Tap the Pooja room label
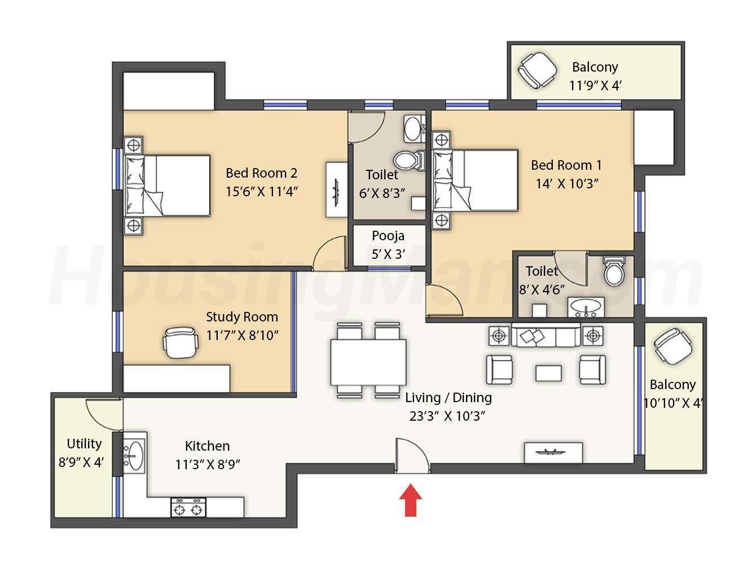click(388, 236)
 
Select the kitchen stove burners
click(188, 508)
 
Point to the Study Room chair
click(181, 342)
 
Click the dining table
click(368, 362)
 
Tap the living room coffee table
click(548, 373)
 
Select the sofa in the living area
click(546, 335)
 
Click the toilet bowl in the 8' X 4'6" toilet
click(614, 271)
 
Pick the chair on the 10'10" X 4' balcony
click(673, 346)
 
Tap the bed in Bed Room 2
click(167, 186)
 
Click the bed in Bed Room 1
click(475, 180)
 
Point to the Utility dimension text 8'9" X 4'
click(81, 462)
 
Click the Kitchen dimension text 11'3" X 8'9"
click(208, 464)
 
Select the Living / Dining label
click(448, 398)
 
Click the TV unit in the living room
click(553, 453)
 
